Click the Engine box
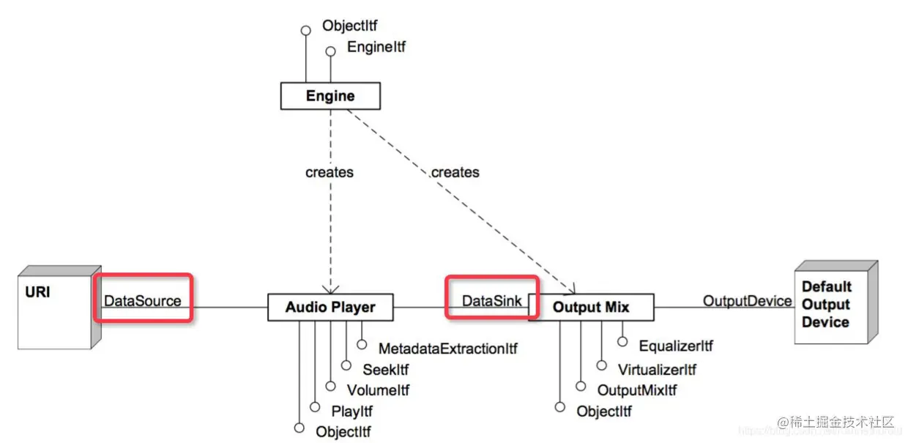[x=330, y=96]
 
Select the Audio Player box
[x=330, y=308]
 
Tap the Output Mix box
[x=591, y=308]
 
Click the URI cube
[x=56, y=308]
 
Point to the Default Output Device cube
[x=834, y=304]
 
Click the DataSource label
[x=142, y=300]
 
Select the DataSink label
[x=491, y=300]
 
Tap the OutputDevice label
[x=747, y=300]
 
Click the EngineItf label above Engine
[x=376, y=48]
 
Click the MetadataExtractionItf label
[x=447, y=349]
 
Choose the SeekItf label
[x=385, y=370]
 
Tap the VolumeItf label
[x=378, y=390]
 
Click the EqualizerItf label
[x=675, y=346]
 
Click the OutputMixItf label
[x=637, y=390]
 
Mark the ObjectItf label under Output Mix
[x=604, y=412]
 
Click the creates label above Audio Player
[x=329, y=172]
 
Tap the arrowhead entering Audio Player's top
[x=330, y=289]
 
